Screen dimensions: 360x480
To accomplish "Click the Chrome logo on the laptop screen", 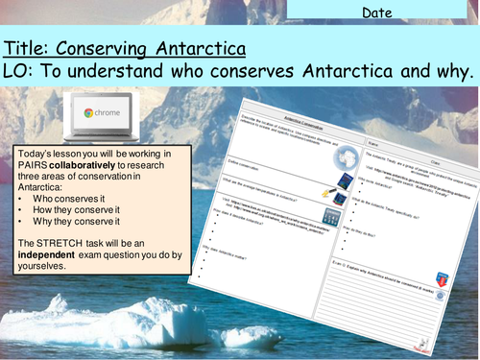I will (x=89, y=112).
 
